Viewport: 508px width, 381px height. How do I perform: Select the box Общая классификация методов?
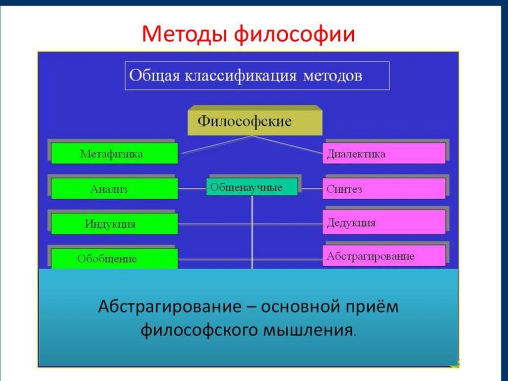257,76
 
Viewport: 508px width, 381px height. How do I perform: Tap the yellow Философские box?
254,122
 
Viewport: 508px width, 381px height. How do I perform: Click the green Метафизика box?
114,154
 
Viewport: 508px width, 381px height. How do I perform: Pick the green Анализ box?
114,189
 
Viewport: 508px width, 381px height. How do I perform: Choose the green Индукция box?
114,224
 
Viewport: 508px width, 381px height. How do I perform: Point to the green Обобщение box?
114,259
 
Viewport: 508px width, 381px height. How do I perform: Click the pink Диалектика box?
384,154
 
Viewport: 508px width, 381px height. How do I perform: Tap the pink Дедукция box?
384,223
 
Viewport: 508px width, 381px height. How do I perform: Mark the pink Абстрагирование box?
384,256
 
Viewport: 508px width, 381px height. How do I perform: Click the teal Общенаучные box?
252,187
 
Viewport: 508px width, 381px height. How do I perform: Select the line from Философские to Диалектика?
298,145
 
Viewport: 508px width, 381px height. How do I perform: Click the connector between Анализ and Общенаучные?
192,189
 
